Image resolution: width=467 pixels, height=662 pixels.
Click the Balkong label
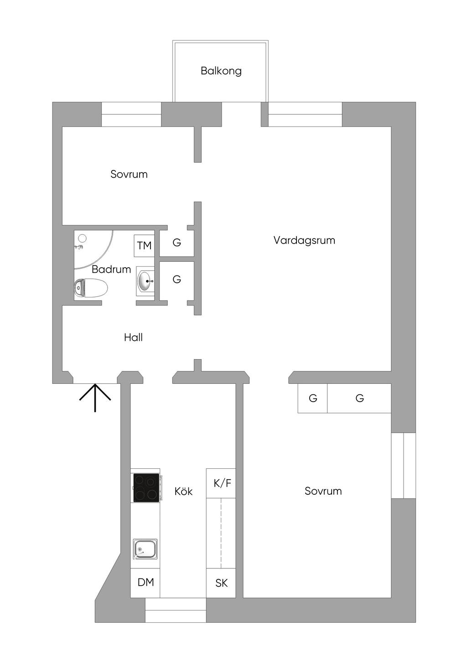pyautogui.click(x=221, y=71)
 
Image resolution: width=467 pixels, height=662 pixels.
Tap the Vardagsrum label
pyautogui.click(x=304, y=240)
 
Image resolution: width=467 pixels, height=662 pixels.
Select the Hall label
pyautogui.click(x=133, y=337)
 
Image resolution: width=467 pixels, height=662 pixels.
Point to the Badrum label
pyautogui.click(x=111, y=269)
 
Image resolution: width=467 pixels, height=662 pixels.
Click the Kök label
pyautogui.click(x=183, y=491)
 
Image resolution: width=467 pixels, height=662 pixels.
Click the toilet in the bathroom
pyautogui.click(x=91, y=288)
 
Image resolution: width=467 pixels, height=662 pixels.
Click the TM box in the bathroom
pyautogui.click(x=144, y=246)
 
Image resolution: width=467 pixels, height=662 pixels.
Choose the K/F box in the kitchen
pyautogui.click(x=221, y=483)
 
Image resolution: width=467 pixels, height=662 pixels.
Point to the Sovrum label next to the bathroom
pyautogui.click(x=129, y=174)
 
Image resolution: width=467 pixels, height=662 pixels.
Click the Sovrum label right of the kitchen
pyautogui.click(x=323, y=491)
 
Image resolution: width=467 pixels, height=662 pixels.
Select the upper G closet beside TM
pyautogui.click(x=176, y=243)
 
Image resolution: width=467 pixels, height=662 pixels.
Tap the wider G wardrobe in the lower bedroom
pyautogui.click(x=359, y=398)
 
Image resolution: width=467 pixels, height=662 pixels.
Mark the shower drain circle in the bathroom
pyautogui.click(x=82, y=238)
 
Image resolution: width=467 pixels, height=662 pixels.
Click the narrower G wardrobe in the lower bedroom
pyautogui.click(x=313, y=398)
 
